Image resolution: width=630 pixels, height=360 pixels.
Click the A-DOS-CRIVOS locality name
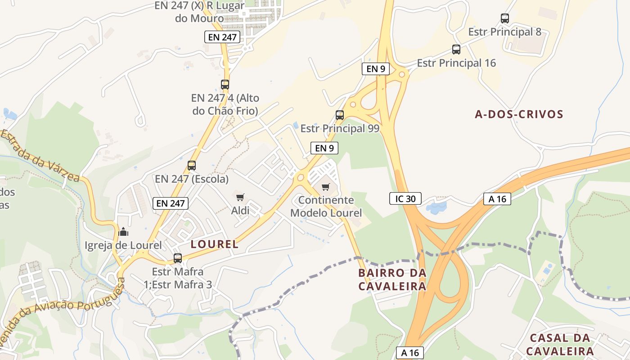pyautogui.click(x=519, y=114)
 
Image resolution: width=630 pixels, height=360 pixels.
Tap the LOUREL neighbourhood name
pyautogui.click(x=215, y=244)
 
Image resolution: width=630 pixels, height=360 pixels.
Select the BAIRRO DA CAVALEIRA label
pyautogui.click(x=392, y=279)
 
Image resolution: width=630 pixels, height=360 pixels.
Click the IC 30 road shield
pyautogui.click(x=405, y=198)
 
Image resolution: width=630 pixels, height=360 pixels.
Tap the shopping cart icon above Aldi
pyautogui.click(x=240, y=197)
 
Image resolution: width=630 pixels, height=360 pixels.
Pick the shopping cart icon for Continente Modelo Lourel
pyautogui.click(x=325, y=187)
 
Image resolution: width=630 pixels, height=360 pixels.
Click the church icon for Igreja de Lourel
pyautogui.click(x=123, y=232)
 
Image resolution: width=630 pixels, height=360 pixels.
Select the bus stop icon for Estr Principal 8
pyautogui.click(x=505, y=18)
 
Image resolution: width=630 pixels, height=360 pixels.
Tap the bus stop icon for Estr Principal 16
pyautogui.click(x=456, y=49)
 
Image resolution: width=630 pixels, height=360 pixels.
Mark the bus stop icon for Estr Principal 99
pyautogui.click(x=340, y=115)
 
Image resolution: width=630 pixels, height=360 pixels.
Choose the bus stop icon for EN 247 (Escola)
pyautogui.click(x=192, y=166)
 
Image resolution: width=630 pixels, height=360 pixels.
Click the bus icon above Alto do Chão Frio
pyautogui.click(x=225, y=84)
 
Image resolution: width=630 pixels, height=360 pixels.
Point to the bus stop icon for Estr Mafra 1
pyautogui.click(x=178, y=258)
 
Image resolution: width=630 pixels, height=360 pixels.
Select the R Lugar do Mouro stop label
pyautogui.click(x=199, y=12)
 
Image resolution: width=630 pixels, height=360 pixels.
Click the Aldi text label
pyautogui.click(x=240, y=210)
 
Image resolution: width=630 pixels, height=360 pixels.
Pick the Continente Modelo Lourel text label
pyautogui.click(x=326, y=206)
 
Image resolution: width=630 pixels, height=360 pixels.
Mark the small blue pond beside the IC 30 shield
pyautogui.click(x=436, y=207)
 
